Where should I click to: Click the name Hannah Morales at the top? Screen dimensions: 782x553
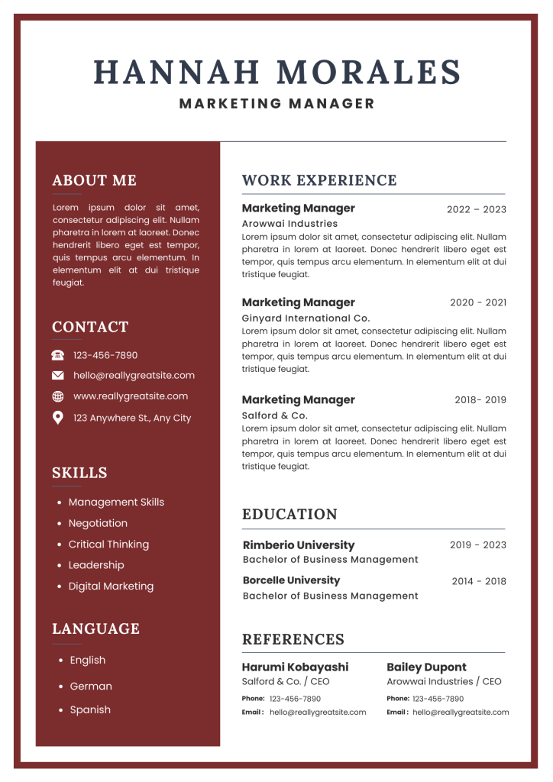click(x=276, y=73)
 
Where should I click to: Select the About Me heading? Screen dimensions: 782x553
click(x=94, y=180)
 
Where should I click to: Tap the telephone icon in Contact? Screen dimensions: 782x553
click(x=58, y=355)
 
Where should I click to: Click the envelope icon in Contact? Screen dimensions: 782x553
click(x=58, y=375)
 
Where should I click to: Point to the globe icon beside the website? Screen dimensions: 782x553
click(x=58, y=396)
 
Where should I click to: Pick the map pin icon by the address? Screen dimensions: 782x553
click(x=58, y=418)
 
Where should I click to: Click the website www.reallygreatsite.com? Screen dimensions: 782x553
click(x=130, y=396)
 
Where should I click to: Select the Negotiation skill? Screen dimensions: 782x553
click(x=98, y=523)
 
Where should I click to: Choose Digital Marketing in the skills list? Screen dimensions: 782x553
click(x=111, y=586)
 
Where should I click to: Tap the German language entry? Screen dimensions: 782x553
click(x=91, y=687)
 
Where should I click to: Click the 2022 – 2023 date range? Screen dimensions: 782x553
click(x=476, y=209)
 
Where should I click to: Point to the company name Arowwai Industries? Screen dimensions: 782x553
click(x=289, y=224)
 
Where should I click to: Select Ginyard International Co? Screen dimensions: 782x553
click(x=306, y=318)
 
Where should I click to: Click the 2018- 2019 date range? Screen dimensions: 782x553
click(x=480, y=400)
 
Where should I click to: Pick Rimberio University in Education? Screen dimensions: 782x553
click(x=298, y=545)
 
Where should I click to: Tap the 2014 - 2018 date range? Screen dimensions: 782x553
click(x=478, y=581)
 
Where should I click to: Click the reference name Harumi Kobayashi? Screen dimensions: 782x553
click(x=295, y=667)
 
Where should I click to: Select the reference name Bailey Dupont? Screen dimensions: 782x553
click(x=426, y=667)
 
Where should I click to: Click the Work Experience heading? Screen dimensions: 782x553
click(x=319, y=180)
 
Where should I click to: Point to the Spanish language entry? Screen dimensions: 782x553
click(x=90, y=710)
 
